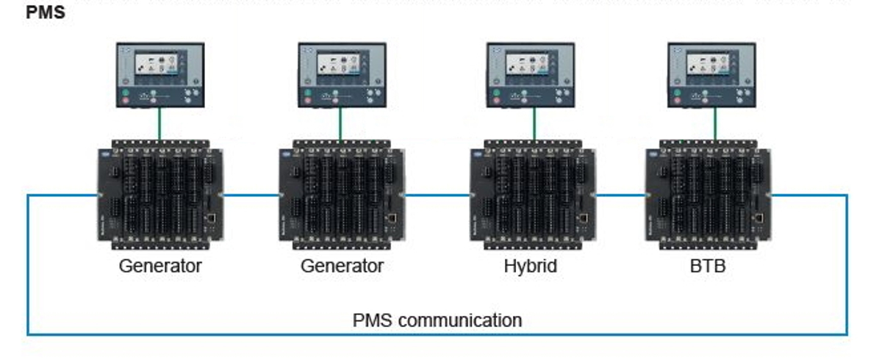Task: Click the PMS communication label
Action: click(x=437, y=320)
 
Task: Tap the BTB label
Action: click(x=708, y=266)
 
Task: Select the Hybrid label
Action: click(x=530, y=266)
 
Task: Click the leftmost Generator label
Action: click(x=160, y=266)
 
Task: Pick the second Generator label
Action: click(x=342, y=266)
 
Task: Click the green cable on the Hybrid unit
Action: click(x=534, y=123)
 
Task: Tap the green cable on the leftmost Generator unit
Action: click(x=159, y=123)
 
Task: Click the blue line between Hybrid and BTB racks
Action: click(x=621, y=195)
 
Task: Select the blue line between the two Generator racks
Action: click(x=251, y=195)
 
